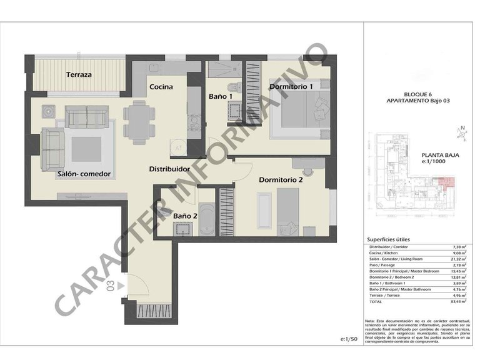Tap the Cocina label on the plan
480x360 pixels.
tap(161, 87)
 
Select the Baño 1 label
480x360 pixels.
tap(221, 96)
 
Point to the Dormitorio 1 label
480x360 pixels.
tap(291, 86)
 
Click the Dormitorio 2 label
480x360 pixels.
tap(281, 180)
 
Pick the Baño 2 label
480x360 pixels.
tap(186, 216)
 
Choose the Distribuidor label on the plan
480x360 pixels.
tap(169, 169)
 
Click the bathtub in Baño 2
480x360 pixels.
tap(207, 219)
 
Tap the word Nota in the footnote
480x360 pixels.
tap(372, 321)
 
